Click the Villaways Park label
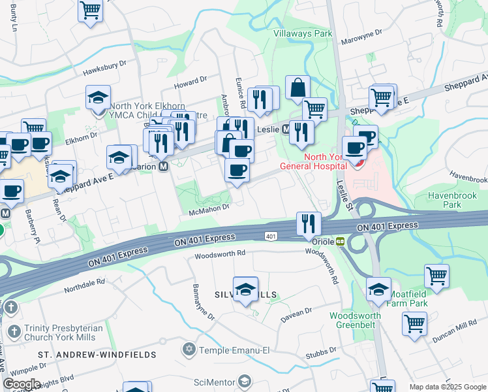303,33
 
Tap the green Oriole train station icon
340,241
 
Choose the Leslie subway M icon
286,129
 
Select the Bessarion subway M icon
163,166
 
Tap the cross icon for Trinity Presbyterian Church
11,306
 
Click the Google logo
22,384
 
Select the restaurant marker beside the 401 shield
307,223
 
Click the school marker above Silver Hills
245,289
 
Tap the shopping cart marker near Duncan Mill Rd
414,323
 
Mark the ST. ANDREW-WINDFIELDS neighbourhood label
97,354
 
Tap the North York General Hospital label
313,161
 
